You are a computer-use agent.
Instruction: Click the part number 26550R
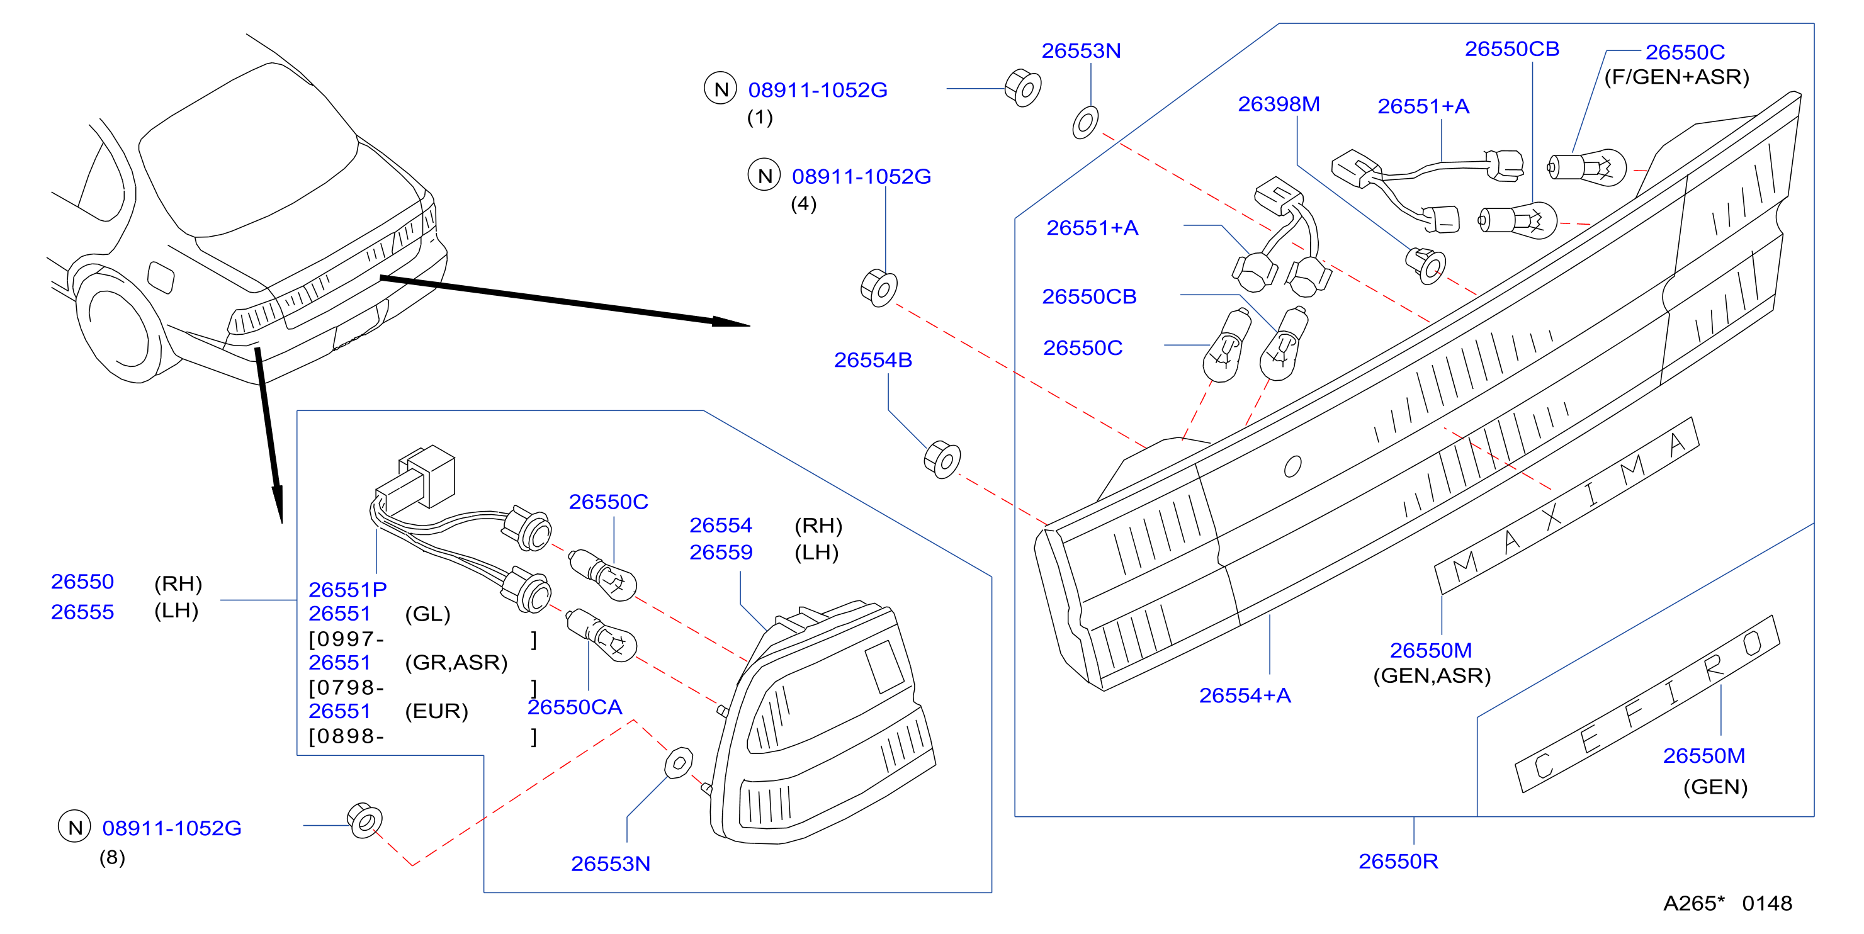click(x=1398, y=861)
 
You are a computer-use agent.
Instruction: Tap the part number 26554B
click(x=873, y=359)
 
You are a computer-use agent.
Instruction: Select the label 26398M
click(x=1279, y=104)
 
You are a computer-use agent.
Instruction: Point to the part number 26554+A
click(x=1245, y=695)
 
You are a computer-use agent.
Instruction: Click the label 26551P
click(x=347, y=590)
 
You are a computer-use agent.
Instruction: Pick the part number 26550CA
click(x=575, y=707)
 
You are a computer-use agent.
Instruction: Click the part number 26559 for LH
click(x=721, y=552)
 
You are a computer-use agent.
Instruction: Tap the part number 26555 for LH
click(x=82, y=612)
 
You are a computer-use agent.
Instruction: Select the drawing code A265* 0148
click(x=1727, y=903)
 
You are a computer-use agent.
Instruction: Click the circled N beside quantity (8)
click(x=74, y=827)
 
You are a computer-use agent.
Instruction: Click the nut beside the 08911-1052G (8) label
click(x=364, y=821)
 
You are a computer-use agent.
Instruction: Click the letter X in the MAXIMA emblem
click(x=1550, y=517)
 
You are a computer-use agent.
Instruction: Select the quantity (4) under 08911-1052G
click(x=803, y=204)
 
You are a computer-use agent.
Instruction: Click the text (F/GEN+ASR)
click(x=1676, y=77)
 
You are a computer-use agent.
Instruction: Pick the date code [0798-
click(x=346, y=687)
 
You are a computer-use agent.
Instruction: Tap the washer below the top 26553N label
click(x=1085, y=122)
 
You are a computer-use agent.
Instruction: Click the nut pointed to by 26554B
click(x=942, y=459)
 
